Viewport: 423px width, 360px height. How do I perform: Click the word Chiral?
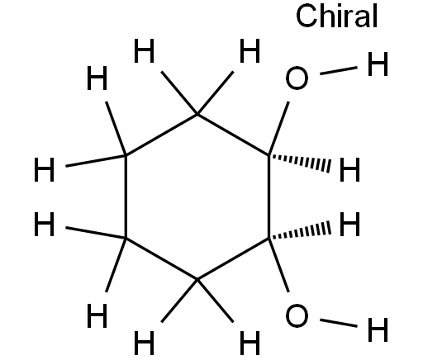tap(336, 17)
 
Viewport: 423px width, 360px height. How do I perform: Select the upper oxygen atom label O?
tap(297, 78)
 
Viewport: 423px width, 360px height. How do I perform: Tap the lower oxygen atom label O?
tap(297, 315)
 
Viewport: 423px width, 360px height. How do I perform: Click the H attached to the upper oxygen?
tap(378, 64)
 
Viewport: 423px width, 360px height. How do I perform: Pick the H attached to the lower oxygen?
tap(378, 329)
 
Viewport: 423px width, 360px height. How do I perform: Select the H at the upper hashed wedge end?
tap(349, 170)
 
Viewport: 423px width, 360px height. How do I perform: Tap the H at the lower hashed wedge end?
tap(349, 224)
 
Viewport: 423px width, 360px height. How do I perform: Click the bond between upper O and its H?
tap(339, 70)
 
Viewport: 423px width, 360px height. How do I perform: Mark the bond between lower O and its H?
tap(339, 323)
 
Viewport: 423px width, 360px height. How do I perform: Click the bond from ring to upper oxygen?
tap(278, 129)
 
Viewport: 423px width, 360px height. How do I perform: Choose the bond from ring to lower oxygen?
tap(278, 265)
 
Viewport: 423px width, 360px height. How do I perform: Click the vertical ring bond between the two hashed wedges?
tap(269, 197)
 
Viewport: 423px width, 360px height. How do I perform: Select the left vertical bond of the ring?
tap(126, 197)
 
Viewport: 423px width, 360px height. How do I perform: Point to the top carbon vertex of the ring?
tap(197, 114)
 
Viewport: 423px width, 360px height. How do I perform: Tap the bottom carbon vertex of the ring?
tap(197, 280)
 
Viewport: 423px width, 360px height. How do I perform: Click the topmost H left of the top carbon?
tap(144, 50)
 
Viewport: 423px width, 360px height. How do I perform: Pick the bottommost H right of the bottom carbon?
tap(250, 343)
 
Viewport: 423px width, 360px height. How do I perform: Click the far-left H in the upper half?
tap(44, 170)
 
